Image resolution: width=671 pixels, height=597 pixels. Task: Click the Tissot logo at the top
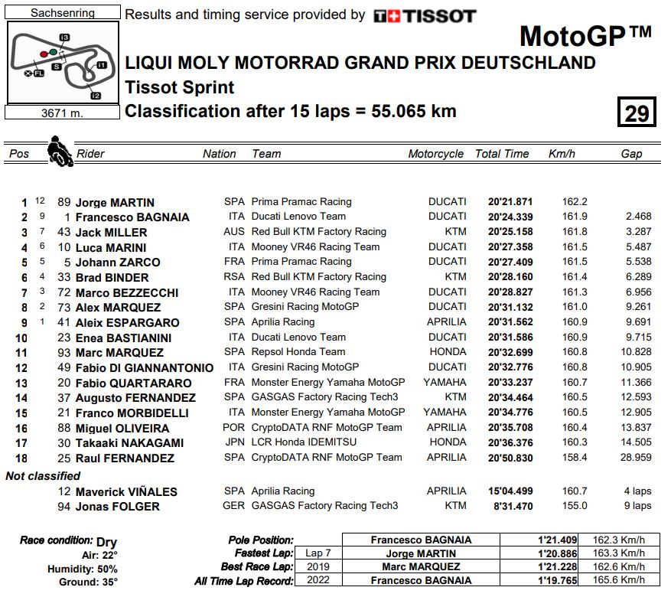click(425, 15)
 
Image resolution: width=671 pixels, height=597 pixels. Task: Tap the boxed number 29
click(636, 113)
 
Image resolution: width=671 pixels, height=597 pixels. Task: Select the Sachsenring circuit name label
click(63, 13)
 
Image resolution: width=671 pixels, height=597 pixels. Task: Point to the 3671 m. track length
click(62, 113)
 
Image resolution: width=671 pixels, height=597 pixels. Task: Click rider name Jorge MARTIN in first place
click(116, 203)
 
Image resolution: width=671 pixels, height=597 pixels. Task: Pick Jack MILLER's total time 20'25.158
click(510, 232)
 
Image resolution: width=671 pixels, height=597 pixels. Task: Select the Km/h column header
click(562, 154)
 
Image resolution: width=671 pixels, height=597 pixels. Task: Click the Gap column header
click(631, 154)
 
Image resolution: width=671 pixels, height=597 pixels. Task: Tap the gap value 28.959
click(633, 458)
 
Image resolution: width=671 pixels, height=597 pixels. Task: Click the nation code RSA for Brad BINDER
click(234, 277)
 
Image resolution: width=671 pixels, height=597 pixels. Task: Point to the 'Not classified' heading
click(43, 476)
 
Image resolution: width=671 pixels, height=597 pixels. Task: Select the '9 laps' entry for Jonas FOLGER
click(637, 506)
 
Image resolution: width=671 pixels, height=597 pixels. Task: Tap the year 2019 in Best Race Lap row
click(317, 567)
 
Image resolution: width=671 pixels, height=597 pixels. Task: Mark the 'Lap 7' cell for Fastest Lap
click(317, 553)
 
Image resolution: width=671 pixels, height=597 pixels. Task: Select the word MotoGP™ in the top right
click(585, 35)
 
